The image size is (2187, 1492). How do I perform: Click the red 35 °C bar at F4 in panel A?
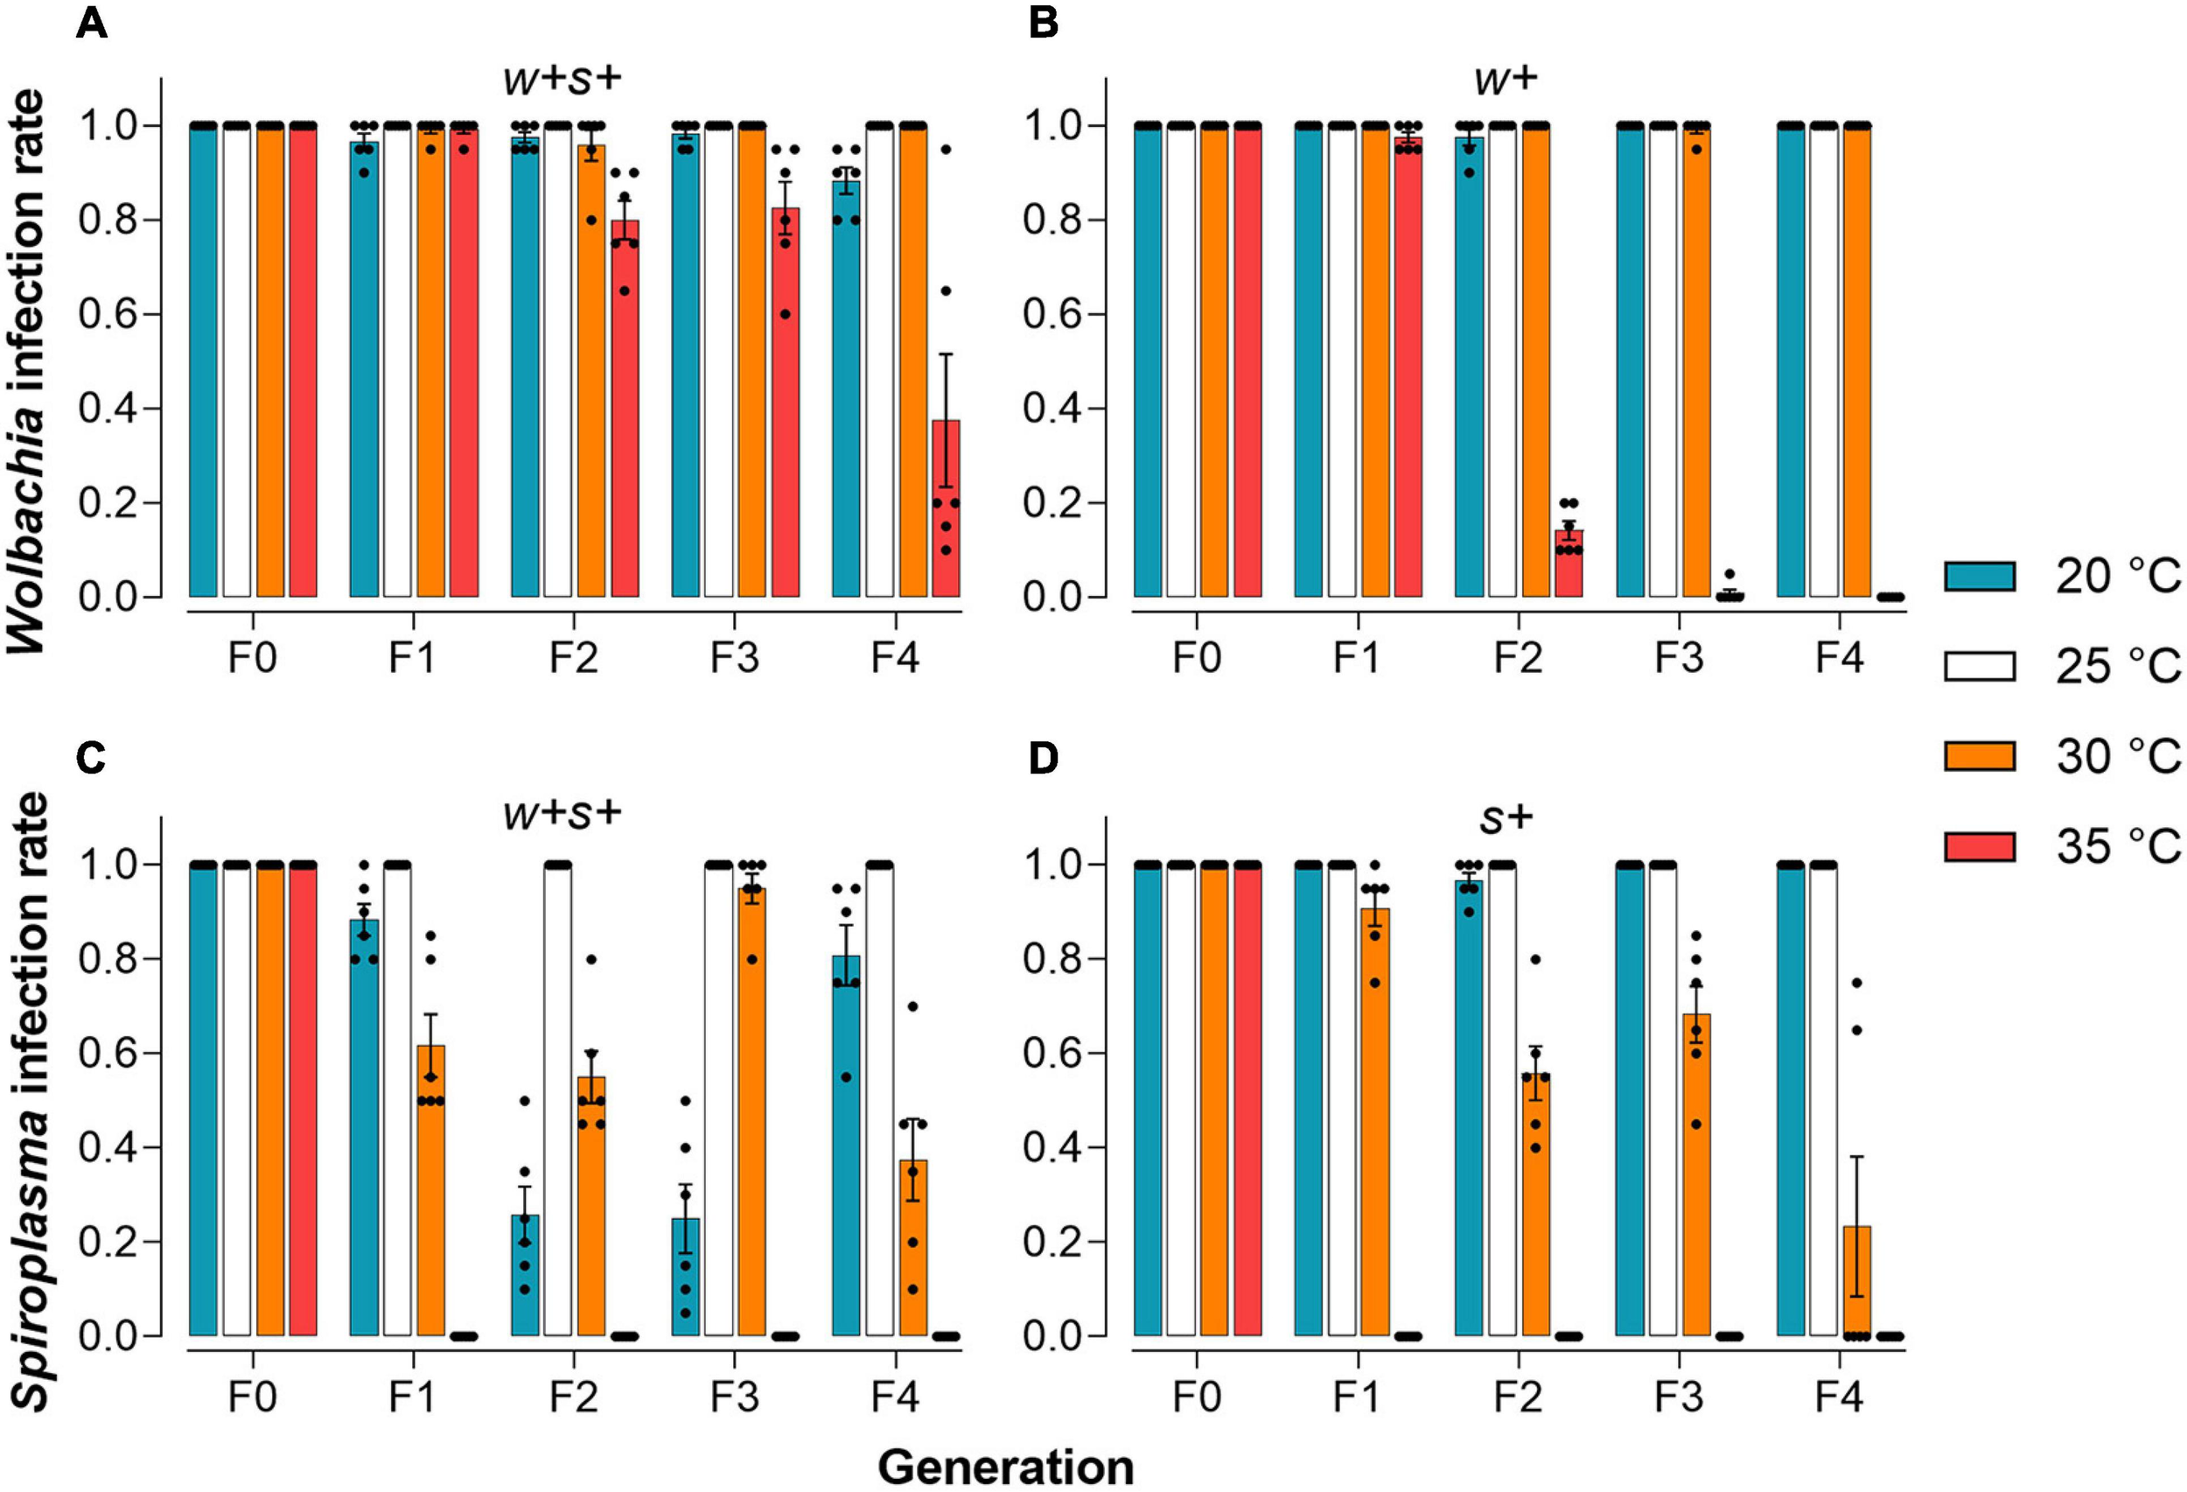coord(946,508)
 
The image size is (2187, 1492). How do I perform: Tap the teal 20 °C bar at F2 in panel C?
coord(525,1276)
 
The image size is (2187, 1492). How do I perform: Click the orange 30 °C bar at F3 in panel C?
coord(752,1110)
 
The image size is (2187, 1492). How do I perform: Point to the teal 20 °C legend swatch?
coord(1979,575)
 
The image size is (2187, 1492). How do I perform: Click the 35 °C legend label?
coord(2117,846)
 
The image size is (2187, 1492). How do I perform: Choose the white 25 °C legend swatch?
coord(1979,666)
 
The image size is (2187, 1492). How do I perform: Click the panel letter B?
coord(1043,24)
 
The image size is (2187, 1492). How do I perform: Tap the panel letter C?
coord(90,759)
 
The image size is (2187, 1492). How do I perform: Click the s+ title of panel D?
coord(1506,819)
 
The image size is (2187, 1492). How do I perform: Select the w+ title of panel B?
coord(1506,80)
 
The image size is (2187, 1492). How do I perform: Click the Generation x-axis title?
coord(1005,1467)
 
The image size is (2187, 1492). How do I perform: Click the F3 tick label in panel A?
coord(734,657)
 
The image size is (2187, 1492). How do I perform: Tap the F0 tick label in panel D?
coord(1196,1396)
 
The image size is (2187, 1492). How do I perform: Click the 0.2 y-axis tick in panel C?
coord(109,1242)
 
